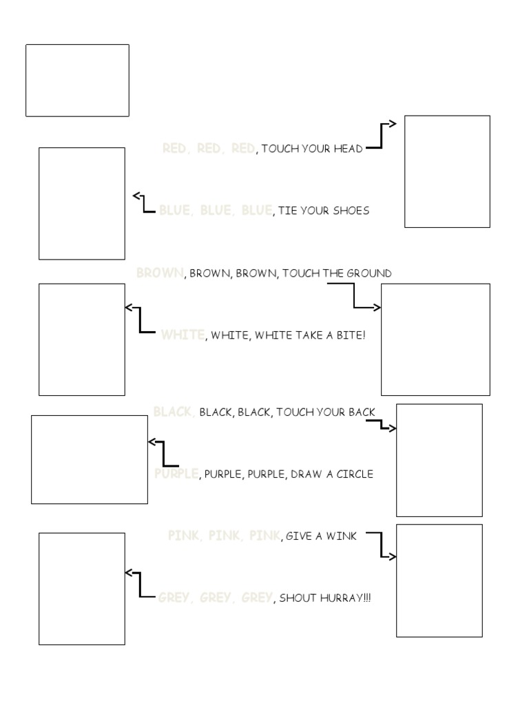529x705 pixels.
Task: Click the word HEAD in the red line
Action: coord(348,149)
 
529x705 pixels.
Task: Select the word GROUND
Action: coord(369,273)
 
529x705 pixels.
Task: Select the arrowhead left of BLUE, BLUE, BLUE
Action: coord(136,196)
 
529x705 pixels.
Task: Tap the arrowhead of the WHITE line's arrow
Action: coord(128,308)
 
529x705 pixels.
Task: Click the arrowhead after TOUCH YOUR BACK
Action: coord(393,428)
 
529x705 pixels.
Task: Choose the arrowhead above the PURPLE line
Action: coord(152,442)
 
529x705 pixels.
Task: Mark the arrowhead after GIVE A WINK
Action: coord(393,556)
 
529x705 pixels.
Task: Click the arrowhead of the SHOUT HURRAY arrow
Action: coord(128,572)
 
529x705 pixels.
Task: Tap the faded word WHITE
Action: coord(183,335)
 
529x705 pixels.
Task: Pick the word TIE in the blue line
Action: coord(287,211)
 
